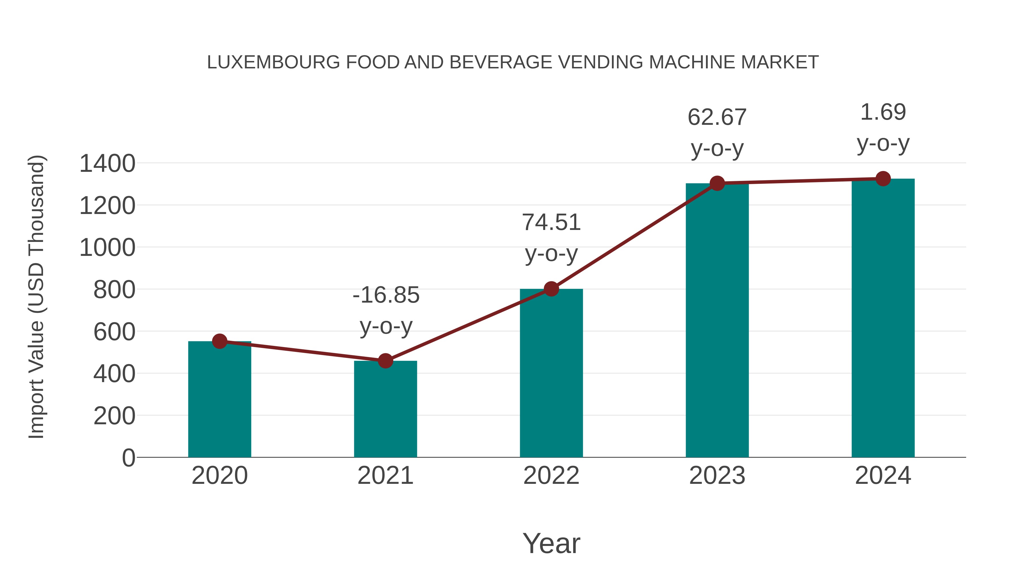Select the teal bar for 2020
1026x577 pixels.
pos(219,399)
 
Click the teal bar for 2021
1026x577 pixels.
pos(385,409)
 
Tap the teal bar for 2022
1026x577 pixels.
pos(551,373)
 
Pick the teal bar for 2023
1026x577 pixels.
pos(717,320)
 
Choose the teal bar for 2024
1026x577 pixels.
pos(883,318)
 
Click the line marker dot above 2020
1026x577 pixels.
pos(219,341)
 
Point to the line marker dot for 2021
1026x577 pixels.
pos(385,361)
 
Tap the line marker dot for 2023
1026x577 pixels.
pos(717,183)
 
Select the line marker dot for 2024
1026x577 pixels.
pos(883,179)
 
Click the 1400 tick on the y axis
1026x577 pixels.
pos(107,163)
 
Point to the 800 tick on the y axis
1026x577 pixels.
pos(114,289)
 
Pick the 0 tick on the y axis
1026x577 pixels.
pos(128,458)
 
